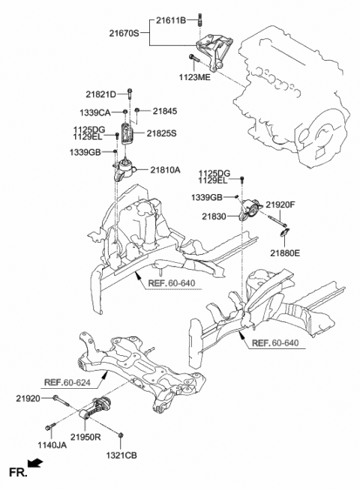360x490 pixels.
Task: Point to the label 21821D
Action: click(x=101, y=94)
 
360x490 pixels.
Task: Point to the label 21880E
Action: click(x=286, y=254)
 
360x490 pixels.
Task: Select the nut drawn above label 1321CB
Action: click(x=119, y=433)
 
